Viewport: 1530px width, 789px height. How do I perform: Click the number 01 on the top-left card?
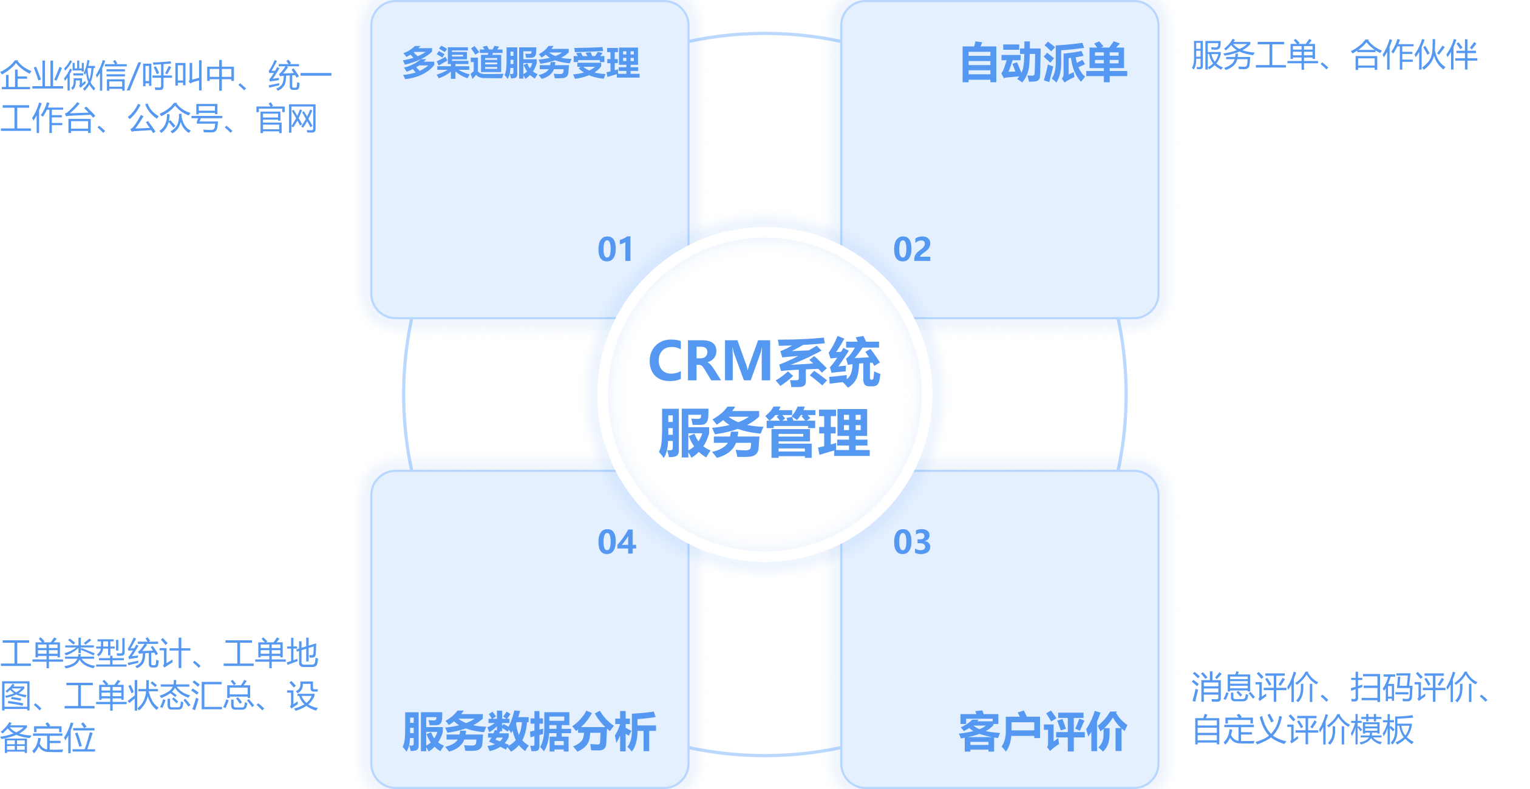point(616,249)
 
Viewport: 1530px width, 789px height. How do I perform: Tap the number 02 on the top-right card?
point(912,249)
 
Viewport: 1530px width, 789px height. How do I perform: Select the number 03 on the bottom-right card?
point(912,542)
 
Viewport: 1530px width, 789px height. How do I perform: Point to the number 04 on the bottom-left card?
point(617,542)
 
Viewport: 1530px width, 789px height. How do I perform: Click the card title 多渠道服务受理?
point(521,63)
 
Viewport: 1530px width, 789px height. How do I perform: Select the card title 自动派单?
point(1043,63)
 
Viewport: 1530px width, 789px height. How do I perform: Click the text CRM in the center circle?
point(710,362)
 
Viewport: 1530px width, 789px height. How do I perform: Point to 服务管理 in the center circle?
point(764,433)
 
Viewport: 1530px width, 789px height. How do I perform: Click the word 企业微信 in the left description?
point(64,76)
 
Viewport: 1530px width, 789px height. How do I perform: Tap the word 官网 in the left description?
point(287,119)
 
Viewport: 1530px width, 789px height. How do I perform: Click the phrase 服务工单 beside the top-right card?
point(1254,56)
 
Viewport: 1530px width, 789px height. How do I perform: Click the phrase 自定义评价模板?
point(1303,730)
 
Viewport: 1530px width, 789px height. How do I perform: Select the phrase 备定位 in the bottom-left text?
point(48,739)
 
